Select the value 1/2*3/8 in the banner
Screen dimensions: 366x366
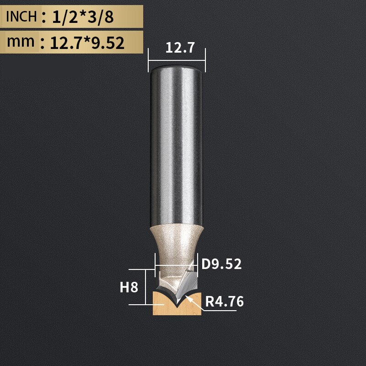click(x=82, y=17)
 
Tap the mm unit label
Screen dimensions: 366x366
click(x=21, y=42)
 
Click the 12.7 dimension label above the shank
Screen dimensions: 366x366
click(x=177, y=48)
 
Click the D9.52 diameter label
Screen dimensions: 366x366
click(x=221, y=264)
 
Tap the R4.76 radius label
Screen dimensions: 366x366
click(x=224, y=302)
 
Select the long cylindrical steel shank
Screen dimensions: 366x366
click(x=177, y=146)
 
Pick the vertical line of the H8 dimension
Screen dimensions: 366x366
click(x=145, y=287)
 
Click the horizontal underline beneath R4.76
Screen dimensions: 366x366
click(x=220, y=311)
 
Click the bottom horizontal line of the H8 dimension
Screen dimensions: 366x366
click(x=140, y=304)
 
